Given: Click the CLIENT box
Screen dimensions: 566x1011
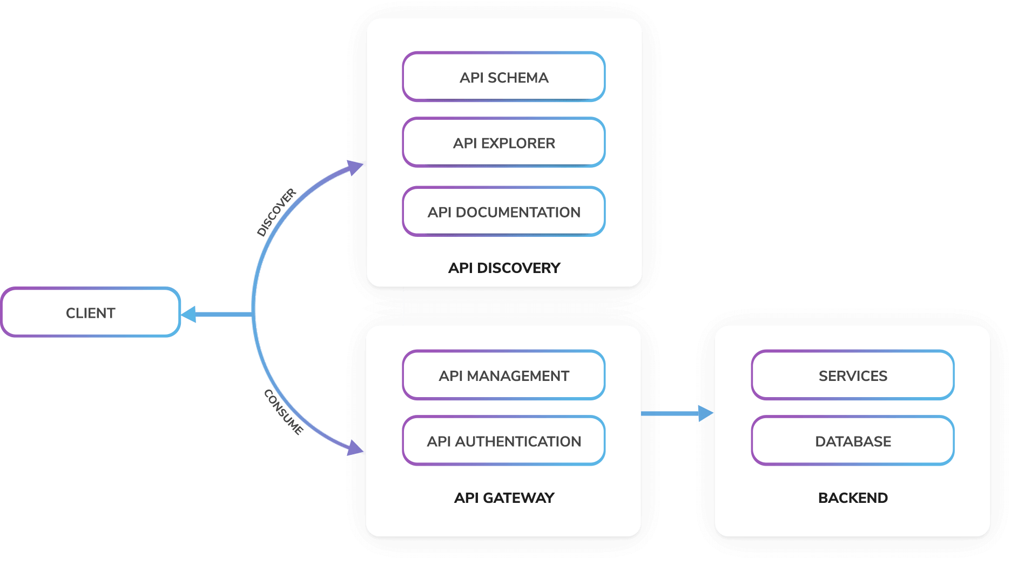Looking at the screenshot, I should tap(90, 312).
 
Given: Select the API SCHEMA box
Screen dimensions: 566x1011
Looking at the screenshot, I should tap(503, 77).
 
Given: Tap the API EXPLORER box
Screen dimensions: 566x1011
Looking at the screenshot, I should tap(503, 142).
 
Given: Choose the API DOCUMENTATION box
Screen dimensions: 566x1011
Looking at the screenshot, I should tap(503, 212).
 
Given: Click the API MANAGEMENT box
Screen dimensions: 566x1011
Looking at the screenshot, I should tap(503, 376).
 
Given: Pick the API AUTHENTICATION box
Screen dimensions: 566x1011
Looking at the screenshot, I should tap(503, 441).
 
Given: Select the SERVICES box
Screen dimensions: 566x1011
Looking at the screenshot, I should tap(852, 376).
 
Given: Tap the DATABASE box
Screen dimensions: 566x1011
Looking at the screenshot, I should tap(852, 441).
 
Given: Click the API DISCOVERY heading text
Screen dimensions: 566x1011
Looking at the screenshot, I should tap(504, 268).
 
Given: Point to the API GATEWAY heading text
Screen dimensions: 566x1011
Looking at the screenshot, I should tap(504, 497).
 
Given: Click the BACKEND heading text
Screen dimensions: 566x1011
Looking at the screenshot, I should tap(852, 497).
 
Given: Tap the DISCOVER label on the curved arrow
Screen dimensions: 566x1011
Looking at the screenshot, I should tap(277, 213).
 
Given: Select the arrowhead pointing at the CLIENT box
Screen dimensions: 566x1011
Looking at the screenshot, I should tap(188, 314).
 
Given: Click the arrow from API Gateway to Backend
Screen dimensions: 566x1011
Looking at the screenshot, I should tap(678, 413).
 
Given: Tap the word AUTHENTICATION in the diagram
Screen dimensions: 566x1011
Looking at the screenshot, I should tap(518, 441).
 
